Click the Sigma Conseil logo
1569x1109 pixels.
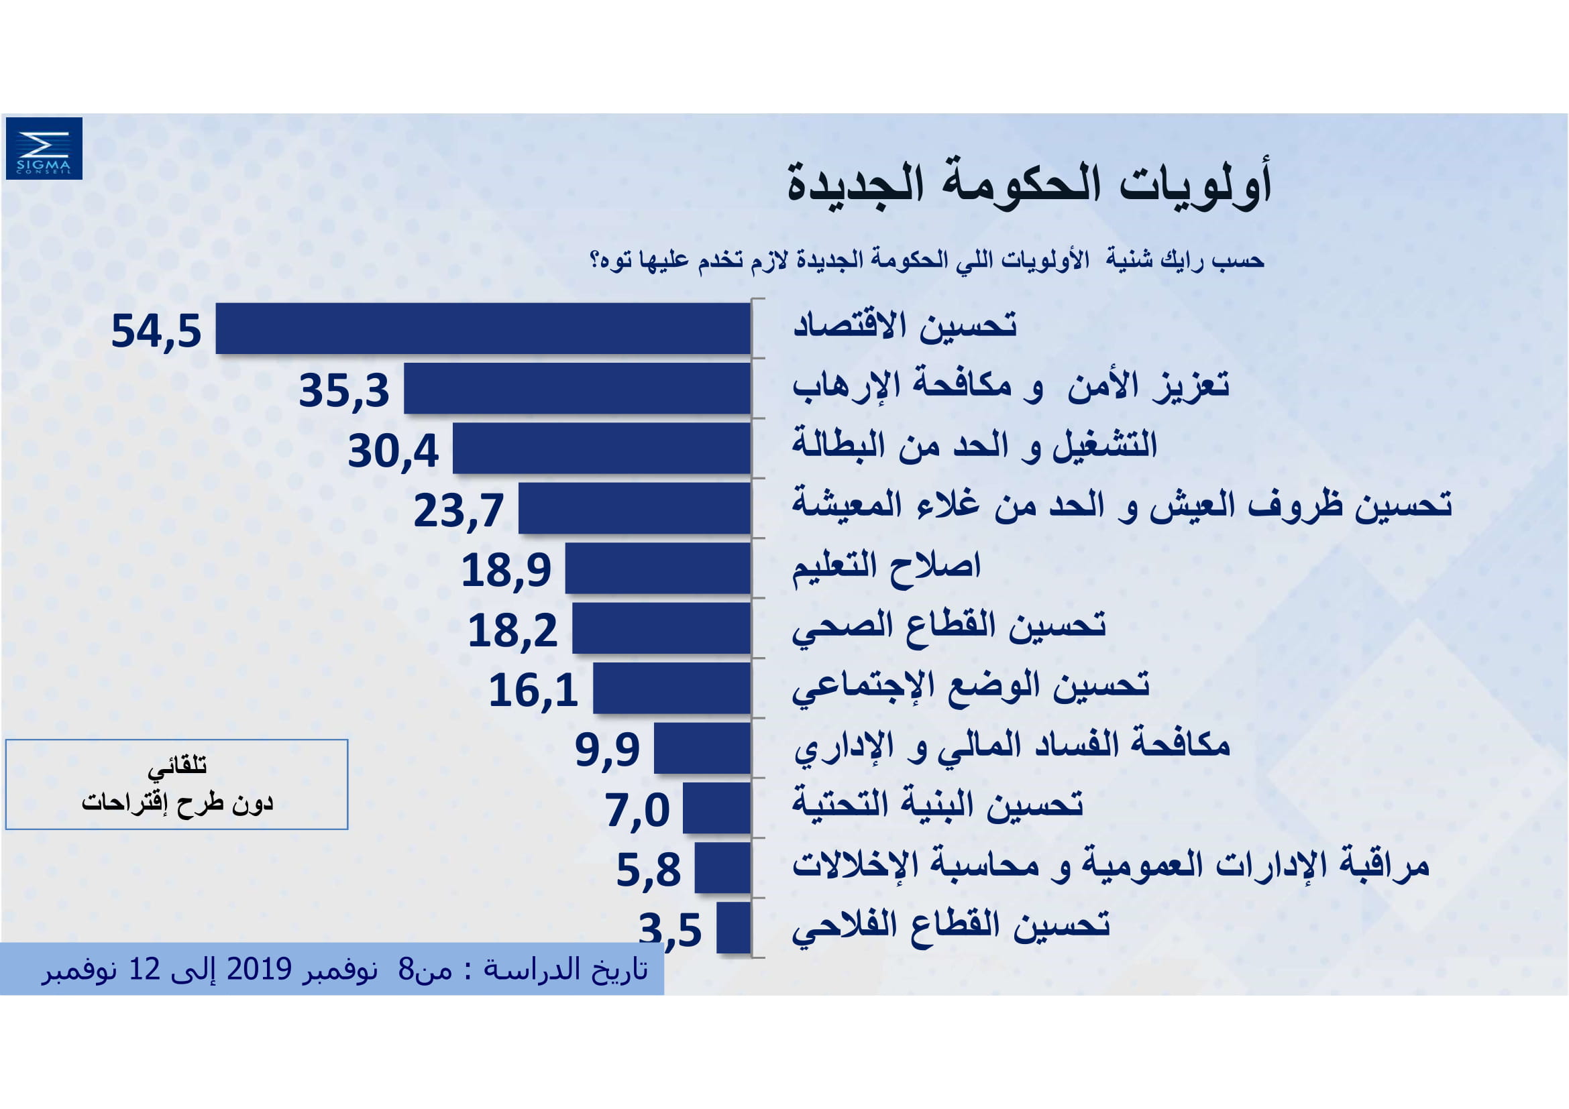tap(44, 148)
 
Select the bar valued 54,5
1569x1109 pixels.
tap(482, 329)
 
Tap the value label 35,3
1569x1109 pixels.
tap(343, 391)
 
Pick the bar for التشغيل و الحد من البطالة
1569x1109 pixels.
tap(601, 448)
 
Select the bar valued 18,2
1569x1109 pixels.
tap(661, 628)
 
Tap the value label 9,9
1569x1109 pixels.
tap(607, 750)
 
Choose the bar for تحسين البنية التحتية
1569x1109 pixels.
tap(716, 808)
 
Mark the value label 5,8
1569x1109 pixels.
tap(649, 870)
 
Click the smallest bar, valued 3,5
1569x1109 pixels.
tap(733, 927)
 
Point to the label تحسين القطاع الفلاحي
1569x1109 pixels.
tap(951, 927)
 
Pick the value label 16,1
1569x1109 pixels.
tap(533, 691)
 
